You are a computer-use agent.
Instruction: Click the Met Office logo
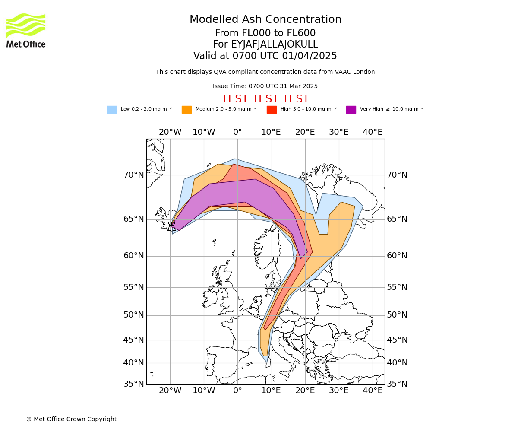26,30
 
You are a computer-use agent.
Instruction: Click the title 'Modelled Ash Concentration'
265,20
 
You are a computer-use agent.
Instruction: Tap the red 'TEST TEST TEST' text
265,99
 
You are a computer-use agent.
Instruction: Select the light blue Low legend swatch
112,110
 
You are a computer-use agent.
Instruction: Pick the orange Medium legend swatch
186,110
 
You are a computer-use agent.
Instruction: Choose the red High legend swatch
272,110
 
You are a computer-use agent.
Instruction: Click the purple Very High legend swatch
351,110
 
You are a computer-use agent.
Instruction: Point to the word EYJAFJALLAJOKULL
275,44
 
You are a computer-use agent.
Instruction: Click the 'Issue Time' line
265,86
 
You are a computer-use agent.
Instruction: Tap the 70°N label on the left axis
134,175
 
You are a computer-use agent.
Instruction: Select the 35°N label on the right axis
397,384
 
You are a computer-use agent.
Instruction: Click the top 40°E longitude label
373,132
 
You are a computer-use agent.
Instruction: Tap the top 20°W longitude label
170,132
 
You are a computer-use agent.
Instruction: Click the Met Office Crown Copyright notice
71,419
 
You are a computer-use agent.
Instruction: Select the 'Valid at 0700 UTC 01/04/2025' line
265,56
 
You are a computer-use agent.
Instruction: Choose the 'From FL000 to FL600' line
265,33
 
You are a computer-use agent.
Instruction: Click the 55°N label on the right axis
397,287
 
